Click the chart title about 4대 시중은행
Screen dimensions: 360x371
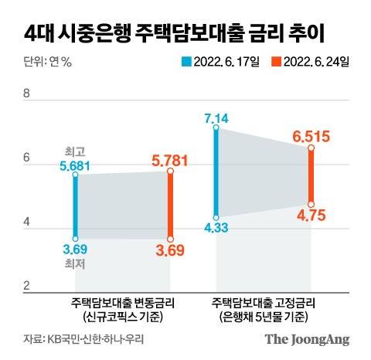tap(174, 33)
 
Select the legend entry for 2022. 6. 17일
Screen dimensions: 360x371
tap(221, 62)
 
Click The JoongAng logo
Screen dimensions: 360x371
tap(307, 338)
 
